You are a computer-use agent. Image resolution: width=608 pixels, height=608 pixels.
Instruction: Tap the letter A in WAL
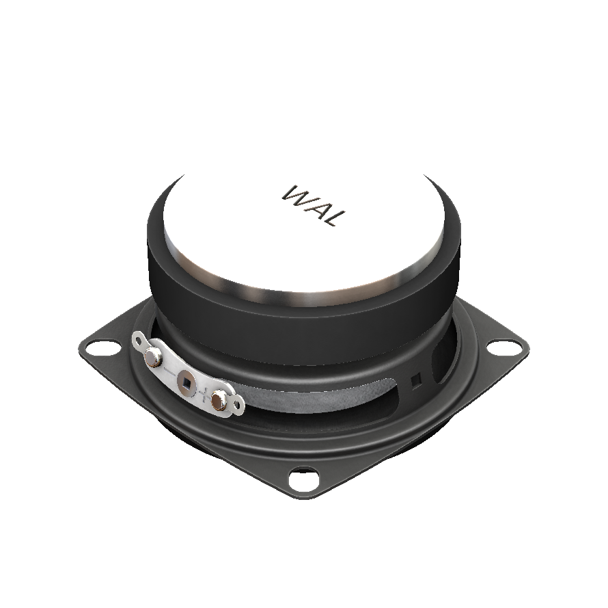(x=316, y=209)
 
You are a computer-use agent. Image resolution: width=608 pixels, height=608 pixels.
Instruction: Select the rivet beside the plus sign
(x=219, y=400)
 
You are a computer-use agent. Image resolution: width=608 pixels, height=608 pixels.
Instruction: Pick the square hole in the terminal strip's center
(x=186, y=382)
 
